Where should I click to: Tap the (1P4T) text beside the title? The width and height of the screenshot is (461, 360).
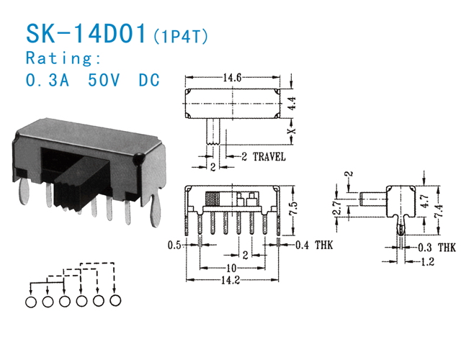(x=179, y=36)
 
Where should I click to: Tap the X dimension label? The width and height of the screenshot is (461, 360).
(x=292, y=132)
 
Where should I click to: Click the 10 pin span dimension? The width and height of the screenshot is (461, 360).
(x=230, y=267)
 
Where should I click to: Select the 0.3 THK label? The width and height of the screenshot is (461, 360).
(x=437, y=248)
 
